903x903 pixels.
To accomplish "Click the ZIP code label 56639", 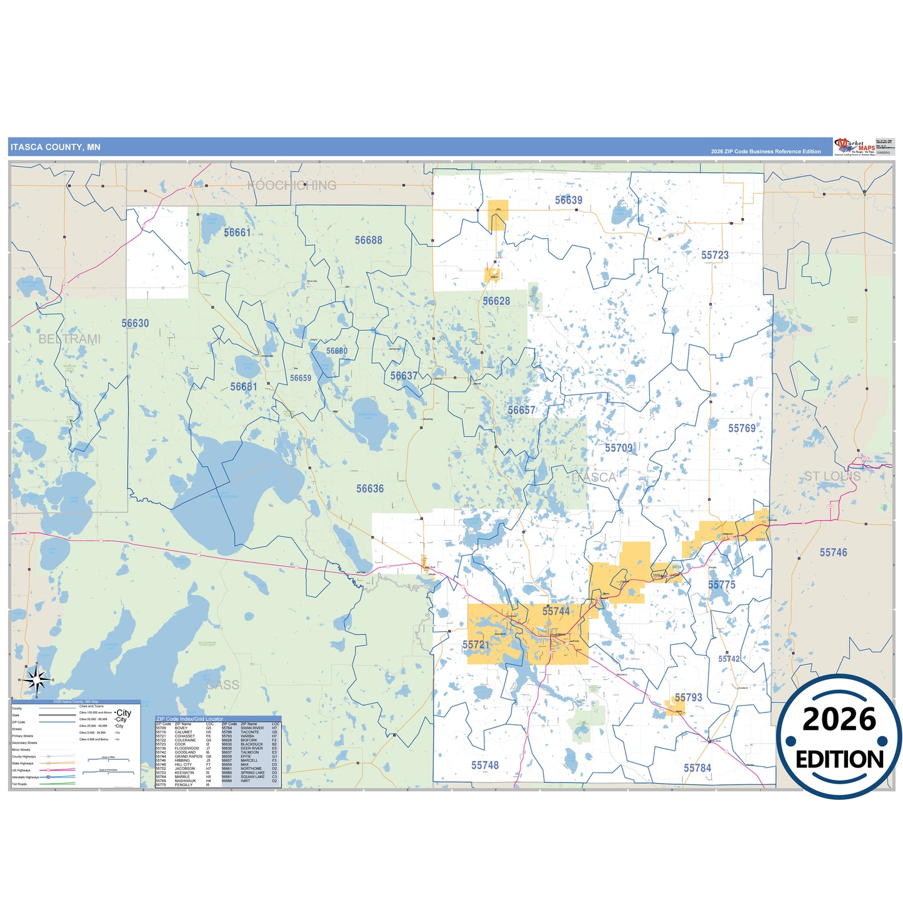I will coord(568,200).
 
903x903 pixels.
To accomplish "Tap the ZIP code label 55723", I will coord(714,255).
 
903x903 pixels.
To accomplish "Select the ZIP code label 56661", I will coord(237,232).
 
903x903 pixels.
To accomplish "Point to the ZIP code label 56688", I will coord(368,240).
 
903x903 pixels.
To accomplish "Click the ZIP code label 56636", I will coord(370,489).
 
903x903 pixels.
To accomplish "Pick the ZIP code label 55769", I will coord(742,428).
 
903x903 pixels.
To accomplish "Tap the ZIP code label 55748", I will coord(485,765).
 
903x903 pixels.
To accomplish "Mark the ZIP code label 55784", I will coord(697,768).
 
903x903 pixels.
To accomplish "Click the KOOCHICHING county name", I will coord(292,185).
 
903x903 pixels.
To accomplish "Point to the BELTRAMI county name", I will coord(69,339).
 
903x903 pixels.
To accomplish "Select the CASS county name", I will coord(222,685).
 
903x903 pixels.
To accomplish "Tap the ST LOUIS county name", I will coord(832,476).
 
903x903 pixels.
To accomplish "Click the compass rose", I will coord(36,679).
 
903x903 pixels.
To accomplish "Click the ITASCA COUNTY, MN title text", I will coord(55,147).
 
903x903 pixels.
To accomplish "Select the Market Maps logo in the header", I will coord(854,147).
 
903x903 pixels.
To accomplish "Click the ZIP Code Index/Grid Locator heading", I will coord(189,719).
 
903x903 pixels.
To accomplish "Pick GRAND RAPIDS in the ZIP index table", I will coord(188,756).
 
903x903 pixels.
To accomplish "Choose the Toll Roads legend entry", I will coord(19,784).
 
